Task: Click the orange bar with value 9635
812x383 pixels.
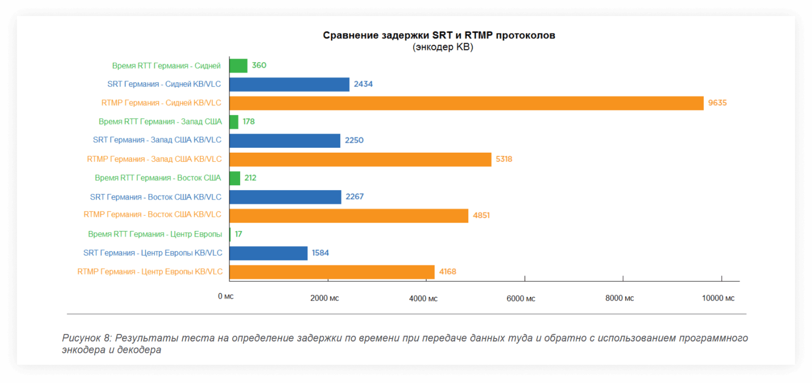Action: click(x=466, y=103)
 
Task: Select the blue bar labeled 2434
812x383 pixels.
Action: click(x=289, y=85)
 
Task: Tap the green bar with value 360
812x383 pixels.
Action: click(x=238, y=66)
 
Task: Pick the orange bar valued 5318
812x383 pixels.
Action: click(x=360, y=159)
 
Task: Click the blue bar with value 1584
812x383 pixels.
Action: click(x=268, y=253)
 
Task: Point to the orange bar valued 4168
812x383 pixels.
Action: click(x=332, y=272)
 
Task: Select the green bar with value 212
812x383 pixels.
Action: click(x=235, y=178)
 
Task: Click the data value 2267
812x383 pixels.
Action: click(x=354, y=197)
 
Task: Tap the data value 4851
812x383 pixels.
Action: click(x=481, y=215)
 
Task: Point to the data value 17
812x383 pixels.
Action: click(x=238, y=234)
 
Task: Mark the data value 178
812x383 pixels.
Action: click(x=248, y=122)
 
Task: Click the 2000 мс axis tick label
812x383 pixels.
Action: click(x=324, y=298)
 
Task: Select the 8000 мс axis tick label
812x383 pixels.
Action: click(x=619, y=298)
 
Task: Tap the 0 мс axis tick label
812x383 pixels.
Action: click(x=226, y=296)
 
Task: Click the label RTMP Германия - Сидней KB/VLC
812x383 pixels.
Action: click(x=161, y=103)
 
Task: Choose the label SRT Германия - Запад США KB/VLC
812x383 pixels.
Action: click(x=157, y=140)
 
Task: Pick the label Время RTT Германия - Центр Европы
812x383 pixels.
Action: click(x=155, y=234)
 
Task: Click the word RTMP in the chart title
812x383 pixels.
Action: click(x=478, y=35)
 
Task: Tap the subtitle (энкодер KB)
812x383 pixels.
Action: click(x=442, y=47)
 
